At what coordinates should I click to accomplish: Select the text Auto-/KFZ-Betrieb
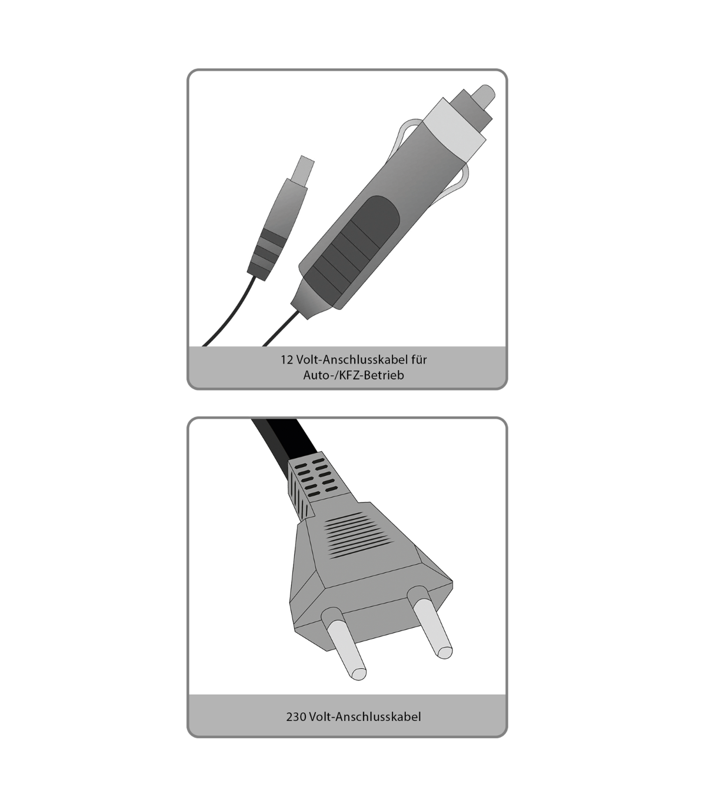click(x=354, y=375)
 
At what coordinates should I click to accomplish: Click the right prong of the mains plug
click(x=430, y=622)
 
